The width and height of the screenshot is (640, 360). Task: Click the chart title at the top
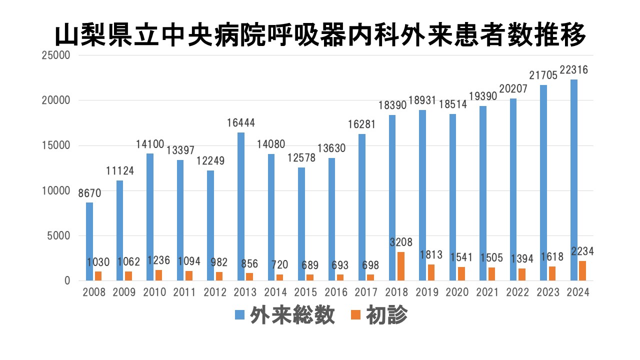tap(320, 35)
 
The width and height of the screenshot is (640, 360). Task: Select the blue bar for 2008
tap(89, 241)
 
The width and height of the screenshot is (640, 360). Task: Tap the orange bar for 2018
tap(401, 266)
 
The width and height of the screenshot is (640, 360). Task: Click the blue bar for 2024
tap(574, 180)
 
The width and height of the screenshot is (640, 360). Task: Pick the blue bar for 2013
tap(241, 206)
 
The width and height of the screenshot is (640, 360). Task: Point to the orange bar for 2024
tap(582, 270)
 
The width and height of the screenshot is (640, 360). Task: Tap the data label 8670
tap(90, 193)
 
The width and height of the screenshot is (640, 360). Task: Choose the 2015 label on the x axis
tap(305, 292)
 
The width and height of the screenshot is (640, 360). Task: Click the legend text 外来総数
tap(292, 315)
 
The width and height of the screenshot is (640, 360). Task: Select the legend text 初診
tap(386, 315)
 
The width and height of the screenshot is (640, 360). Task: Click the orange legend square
tap(356, 315)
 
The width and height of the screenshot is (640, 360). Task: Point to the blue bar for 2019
tap(422, 195)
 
